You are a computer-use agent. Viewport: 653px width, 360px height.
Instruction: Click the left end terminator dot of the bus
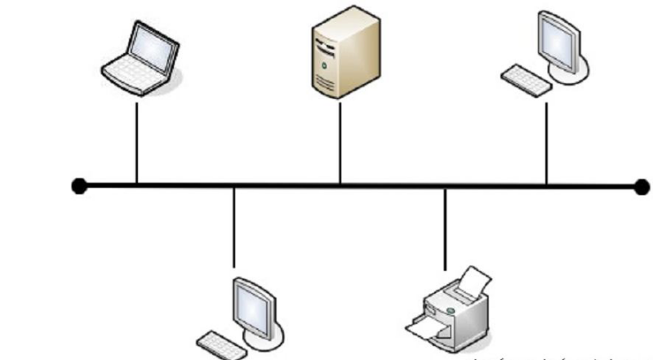pos(79,186)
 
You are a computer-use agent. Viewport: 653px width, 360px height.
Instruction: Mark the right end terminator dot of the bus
pos(642,186)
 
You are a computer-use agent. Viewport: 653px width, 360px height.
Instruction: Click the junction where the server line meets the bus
pos(340,186)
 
